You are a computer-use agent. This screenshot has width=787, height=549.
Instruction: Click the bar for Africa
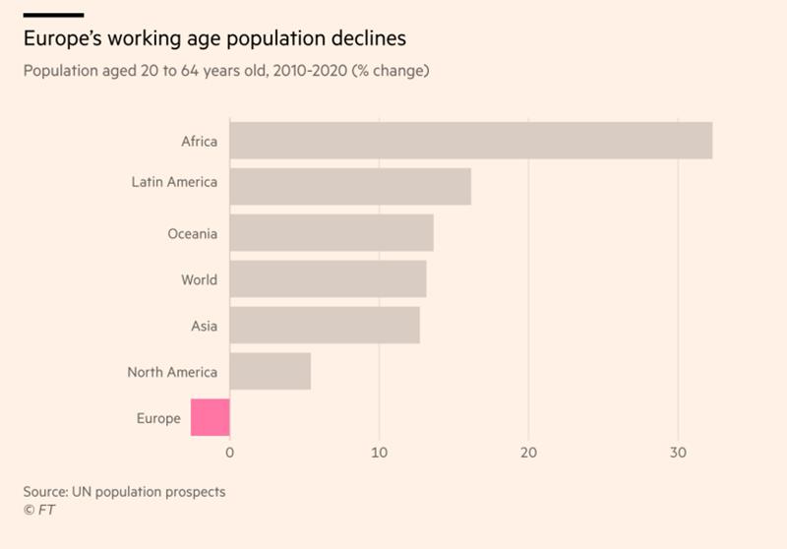(470, 141)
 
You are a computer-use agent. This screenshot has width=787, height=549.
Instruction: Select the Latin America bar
(350, 186)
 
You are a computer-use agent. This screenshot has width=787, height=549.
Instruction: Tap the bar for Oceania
(332, 233)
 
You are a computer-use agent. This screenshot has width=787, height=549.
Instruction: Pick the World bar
(328, 279)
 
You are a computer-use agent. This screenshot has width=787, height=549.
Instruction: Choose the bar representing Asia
(325, 326)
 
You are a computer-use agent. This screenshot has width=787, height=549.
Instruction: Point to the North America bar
(271, 372)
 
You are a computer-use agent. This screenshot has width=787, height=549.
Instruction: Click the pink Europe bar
(211, 417)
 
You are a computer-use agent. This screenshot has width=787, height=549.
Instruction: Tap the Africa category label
(199, 141)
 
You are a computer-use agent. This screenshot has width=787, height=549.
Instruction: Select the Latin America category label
(174, 182)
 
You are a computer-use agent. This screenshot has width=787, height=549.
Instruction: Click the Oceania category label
(193, 233)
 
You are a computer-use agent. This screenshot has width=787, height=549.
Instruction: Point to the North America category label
(172, 372)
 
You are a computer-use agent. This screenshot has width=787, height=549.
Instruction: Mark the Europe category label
(158, 418)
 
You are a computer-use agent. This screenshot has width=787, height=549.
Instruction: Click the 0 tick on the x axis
(230, 453)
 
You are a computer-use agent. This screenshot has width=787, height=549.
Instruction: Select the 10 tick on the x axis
(379, 453)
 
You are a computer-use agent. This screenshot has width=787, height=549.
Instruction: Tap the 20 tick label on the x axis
(529, 453)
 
